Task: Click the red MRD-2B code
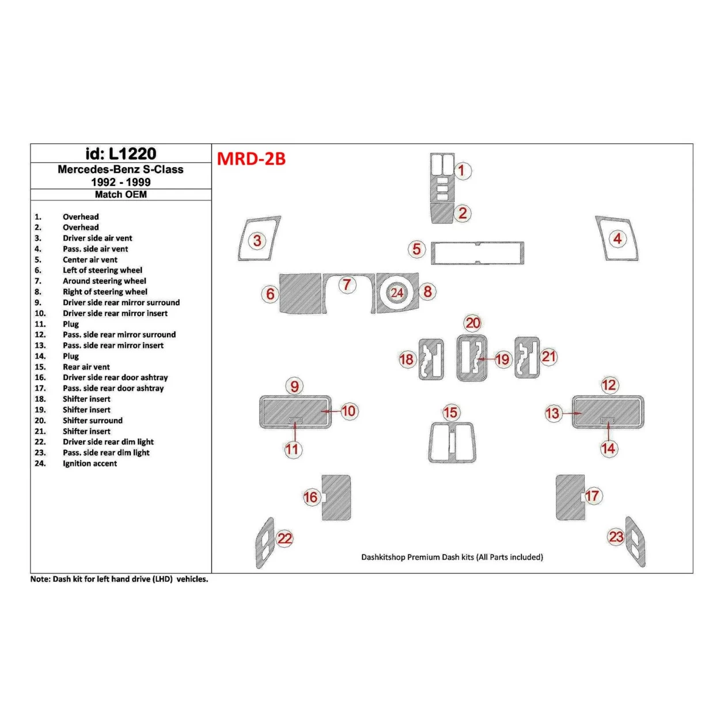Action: tap(251, 159)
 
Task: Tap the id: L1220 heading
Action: tap(121, 154)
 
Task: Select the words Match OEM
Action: tap(121, 194)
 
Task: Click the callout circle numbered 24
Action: tap(397, 292)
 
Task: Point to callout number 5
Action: tap(416, 249)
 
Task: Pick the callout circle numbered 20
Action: tap(473, 323)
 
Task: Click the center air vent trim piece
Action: tap(478, 253)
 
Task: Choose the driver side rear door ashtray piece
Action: tap(336, 498)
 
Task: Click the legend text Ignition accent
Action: tap(90, 463)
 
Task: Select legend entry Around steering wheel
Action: tap(104, 281)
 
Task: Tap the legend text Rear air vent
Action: tap(86, 367)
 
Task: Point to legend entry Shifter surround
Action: tap(93, 420)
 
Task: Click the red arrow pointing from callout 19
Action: tap(486, 359)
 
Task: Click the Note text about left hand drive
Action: tap(119, 579)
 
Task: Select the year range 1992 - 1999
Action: tap(121, 182)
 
